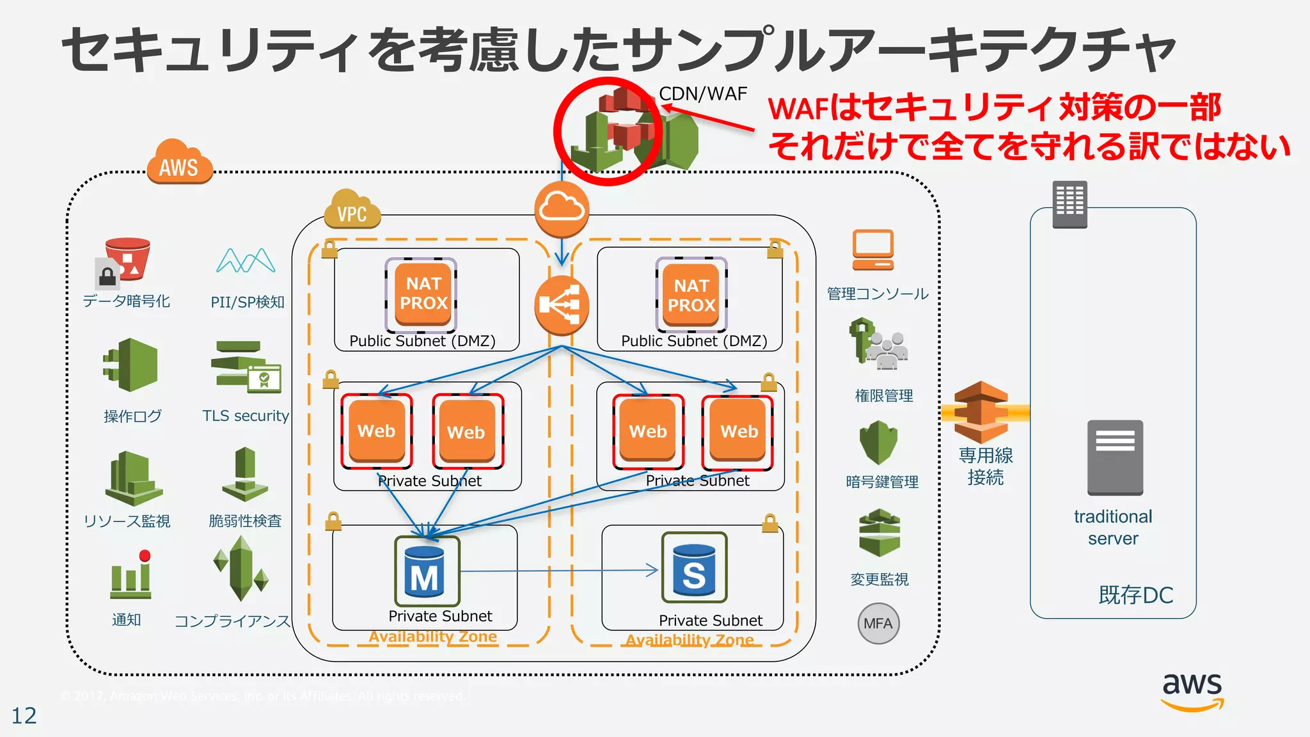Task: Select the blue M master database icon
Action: pos(427,571)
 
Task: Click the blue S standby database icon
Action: pos(694,568)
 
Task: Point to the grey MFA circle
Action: pos(878,623)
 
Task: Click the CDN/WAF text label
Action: pos(703,94)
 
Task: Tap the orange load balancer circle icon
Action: pos(561,305)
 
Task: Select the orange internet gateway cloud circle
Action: pos(562,209)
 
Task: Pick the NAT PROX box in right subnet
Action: pos(691,295)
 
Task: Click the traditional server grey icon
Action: pos(1115,457)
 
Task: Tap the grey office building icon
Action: pos(1069,204)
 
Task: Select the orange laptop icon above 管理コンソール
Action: pos(872,250)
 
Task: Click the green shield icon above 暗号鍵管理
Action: pos(878,442)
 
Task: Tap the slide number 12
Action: pos(24,715)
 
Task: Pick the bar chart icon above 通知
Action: pos(131,575)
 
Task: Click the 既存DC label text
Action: pos(1135,595)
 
